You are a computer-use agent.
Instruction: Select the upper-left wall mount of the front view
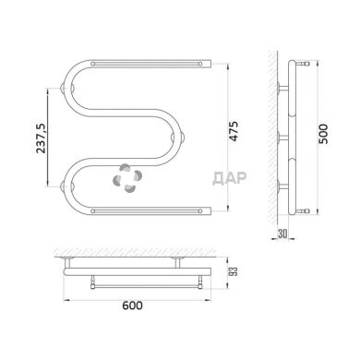pyautogui.click(x=65, y=90)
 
